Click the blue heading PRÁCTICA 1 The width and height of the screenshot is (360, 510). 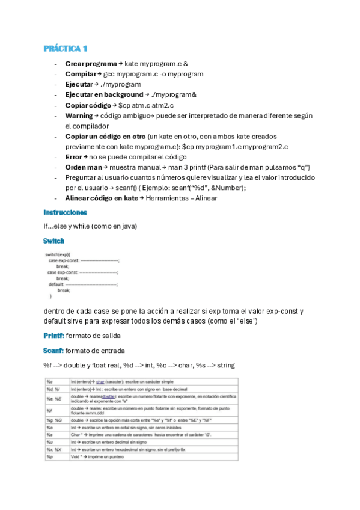pyautogui.click(x=66, y=48)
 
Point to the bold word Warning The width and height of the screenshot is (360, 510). pyautogui.click(x=79, y=115)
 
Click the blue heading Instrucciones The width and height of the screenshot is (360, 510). pyautogui.click(x=66, y=212)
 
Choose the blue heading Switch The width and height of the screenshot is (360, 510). pyautogui.click(x=54, y=241)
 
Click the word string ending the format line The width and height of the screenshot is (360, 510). pyautogui.click(x=225, y=365)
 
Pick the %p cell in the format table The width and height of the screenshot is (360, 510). pyautogui.click(x=50, y=457)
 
